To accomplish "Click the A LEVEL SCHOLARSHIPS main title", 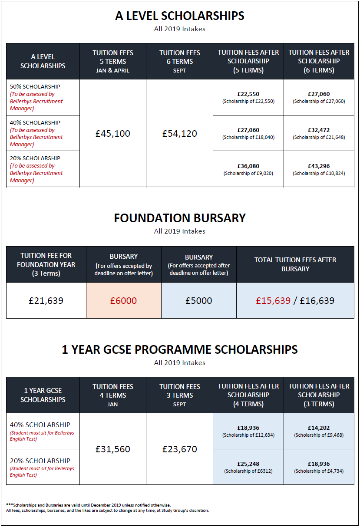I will pos(180,16).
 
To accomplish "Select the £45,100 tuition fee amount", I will pos(113,134).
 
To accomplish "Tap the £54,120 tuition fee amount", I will pos(180,134).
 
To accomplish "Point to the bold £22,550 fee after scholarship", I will pos(248,94).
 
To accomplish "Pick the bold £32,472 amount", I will pos(319,130).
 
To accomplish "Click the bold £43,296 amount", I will pos(319,166).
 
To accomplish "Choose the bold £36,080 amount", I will pos(248,166).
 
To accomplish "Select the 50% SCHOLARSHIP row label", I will pos(35,86).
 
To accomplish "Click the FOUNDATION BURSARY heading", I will pos(180,218).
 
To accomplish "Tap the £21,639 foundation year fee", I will pos(46,300).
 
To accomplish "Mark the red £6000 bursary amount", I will pos(123,300).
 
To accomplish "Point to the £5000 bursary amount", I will pos(199,300).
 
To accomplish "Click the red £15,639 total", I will pos(273,300).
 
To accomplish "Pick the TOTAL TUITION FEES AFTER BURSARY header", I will pos(295,264).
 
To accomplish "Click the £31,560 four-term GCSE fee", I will pos(113,449).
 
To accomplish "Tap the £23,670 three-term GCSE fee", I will pos(180,449).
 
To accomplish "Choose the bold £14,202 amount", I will pos(319,428).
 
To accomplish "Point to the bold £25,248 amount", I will pos(248,464).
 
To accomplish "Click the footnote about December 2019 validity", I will pos(89,505).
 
